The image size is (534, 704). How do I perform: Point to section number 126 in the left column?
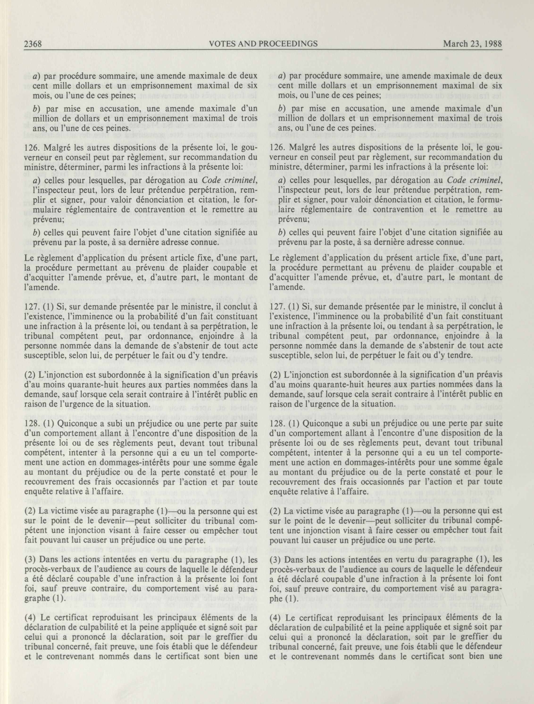(31, 148)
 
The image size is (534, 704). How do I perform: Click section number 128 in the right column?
(275, 424)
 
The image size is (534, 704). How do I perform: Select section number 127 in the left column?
(31, 307)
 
